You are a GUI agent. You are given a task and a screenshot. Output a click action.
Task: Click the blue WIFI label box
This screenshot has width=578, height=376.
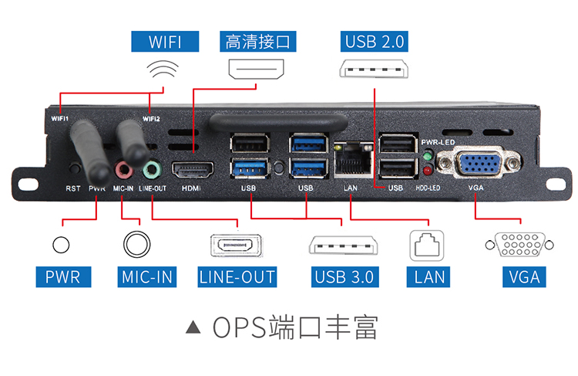[x=165, y=41]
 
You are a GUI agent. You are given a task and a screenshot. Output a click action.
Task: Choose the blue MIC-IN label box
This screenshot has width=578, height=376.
[x=147, y=276]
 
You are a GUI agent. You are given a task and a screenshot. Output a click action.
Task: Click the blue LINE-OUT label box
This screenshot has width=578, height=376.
[x=237, y=276]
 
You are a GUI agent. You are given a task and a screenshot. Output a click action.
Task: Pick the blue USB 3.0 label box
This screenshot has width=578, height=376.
[x=344, y=276]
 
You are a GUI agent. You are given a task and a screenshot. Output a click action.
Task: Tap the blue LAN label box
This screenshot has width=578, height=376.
[x=430, y=276]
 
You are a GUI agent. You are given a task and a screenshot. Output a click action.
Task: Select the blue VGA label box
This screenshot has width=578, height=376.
[x=524, y=276]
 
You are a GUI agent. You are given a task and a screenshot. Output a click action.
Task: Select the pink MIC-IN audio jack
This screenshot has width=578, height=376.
[x=123, y=168]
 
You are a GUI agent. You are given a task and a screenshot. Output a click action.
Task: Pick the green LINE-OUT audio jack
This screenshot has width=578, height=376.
[x=151, y=168]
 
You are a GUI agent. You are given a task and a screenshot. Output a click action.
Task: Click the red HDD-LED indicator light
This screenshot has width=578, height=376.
[x=426, y=170]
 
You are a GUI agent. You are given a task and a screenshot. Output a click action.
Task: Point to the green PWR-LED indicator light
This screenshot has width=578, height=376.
[x=426, y=156]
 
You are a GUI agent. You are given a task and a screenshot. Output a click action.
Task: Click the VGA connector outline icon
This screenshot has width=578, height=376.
[x=514, y=245]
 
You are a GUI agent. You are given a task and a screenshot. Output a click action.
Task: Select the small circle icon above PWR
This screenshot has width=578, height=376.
[x=61, y=245]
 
